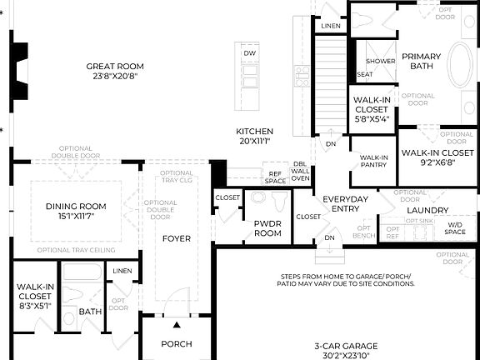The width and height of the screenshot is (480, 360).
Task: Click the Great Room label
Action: [115, 72]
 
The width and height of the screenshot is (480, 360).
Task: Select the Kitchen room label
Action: [254, 137]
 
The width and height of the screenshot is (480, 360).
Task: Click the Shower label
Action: [380, 61]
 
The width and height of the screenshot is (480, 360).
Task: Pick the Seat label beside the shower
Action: [364, 74]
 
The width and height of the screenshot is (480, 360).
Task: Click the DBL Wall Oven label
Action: [300, 171]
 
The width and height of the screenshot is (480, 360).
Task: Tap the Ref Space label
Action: [275, 177]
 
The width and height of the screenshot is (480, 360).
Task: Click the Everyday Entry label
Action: [345, 204]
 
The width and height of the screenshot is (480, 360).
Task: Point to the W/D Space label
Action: [455, 228]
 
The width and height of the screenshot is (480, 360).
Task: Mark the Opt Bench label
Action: [364, 232]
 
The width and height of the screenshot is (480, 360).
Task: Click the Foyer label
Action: [176, 238]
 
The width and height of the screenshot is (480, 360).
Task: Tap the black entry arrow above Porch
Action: [177, 324]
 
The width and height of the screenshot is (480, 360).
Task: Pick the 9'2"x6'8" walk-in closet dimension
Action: [437, 164]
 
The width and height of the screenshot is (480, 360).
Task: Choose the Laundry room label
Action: [428, 210]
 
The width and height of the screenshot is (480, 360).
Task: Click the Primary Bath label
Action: [421, 62]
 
